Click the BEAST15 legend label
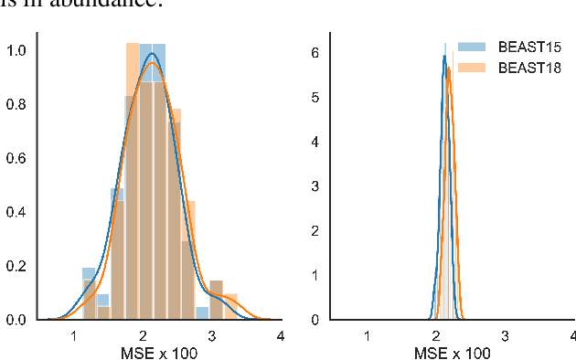click(527, 47)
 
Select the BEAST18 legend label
click(527, 68)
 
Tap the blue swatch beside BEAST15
click(473, 47)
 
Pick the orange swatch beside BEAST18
click(473, 68)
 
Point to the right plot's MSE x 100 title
click(453, 353)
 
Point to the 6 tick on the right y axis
click(314, 53)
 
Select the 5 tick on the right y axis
click(314, 98)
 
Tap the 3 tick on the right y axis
click(314, 186)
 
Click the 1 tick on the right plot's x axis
click(368, 335)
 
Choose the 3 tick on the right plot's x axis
click(506, 335)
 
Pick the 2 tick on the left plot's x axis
click(143, 335)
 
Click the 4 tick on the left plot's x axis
click(280, 335)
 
